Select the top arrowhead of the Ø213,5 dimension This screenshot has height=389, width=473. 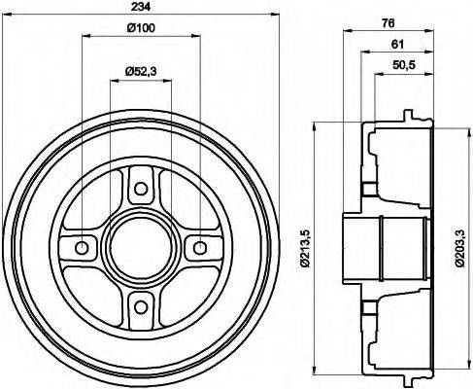316,125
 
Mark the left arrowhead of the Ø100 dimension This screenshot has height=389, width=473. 84,36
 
